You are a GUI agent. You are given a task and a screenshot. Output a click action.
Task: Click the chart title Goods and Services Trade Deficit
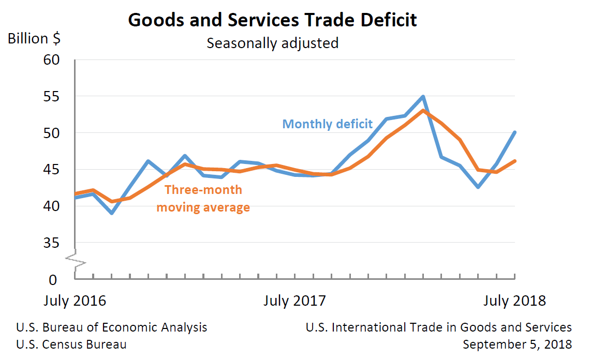(x=272, y=20)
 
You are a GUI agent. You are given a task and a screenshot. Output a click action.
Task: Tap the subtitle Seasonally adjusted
(x=272, y=43)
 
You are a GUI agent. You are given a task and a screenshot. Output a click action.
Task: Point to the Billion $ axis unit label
(x=34, y=39)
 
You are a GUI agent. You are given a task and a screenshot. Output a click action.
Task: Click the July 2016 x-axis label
(x=75, y=301)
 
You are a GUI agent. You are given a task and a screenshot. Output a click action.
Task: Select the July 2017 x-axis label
(x=294, y=301)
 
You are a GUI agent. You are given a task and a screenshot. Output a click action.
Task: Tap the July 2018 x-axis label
(x=514, y=301)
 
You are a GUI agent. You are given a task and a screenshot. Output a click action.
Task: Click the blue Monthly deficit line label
(x=327, y=124)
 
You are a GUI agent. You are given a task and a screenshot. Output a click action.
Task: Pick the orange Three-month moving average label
(x=203, y=199)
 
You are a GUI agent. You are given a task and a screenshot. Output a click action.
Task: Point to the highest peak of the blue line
(x=423, y=96)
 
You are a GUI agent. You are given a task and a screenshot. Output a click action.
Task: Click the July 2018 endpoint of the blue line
(x=514, y=132)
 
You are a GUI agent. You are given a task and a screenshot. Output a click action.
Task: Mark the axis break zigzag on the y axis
(x=76, y=261)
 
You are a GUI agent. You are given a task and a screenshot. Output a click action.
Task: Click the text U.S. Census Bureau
(x=71, y=344)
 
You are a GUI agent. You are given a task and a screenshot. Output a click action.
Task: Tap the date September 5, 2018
(x=517, y=344)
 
